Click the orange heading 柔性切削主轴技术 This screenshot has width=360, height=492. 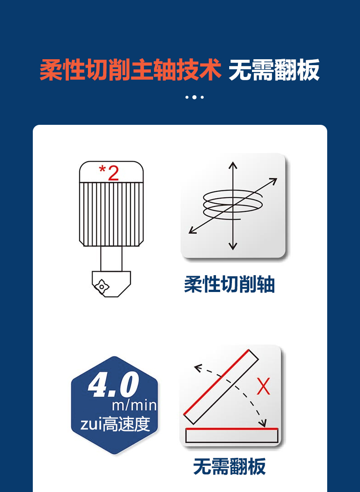(130, 70)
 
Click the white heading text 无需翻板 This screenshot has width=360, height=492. (274, 70)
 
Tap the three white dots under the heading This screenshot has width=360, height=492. (195, 97)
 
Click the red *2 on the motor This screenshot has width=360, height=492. (109, 174)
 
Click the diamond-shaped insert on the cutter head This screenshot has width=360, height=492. (102, 286)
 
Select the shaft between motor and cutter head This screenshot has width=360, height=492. (111, 259)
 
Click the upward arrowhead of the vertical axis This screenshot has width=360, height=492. (233, 165)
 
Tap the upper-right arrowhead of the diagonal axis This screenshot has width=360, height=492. (273, 180)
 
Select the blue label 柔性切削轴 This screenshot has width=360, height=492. (229, 285)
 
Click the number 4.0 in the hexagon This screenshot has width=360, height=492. (113, 385)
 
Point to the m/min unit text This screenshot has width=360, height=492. (134, 405)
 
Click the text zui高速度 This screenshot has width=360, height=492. (115, 424)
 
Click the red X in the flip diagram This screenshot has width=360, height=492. (263, 387)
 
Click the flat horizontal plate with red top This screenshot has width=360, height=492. (231, 436)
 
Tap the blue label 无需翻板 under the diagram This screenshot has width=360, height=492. (229, 467)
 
